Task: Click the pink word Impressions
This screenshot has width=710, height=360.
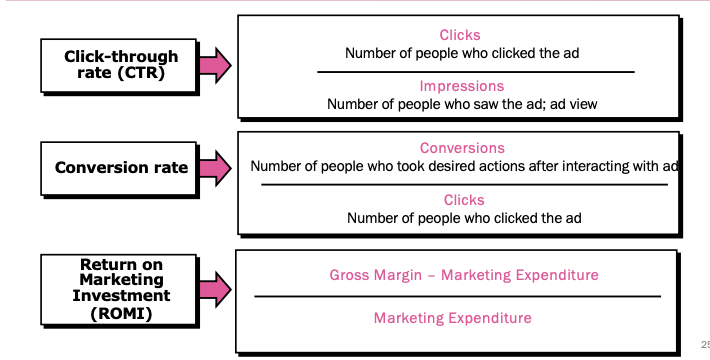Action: tap(461, 86)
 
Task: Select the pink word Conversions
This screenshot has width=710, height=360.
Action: tap(462, 148)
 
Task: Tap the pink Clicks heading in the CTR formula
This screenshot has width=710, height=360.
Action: tap(460, 35)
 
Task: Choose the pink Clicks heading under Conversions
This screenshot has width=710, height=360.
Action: tap(463, 200)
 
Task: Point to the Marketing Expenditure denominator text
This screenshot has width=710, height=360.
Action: tap(453, 318)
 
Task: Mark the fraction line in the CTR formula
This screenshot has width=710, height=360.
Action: tap(476, 72)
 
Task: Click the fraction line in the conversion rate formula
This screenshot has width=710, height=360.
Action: tap(463, 184)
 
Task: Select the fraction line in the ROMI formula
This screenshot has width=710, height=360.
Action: tap(457, 296)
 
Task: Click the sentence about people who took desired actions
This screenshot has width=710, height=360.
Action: tap(464, 166)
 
